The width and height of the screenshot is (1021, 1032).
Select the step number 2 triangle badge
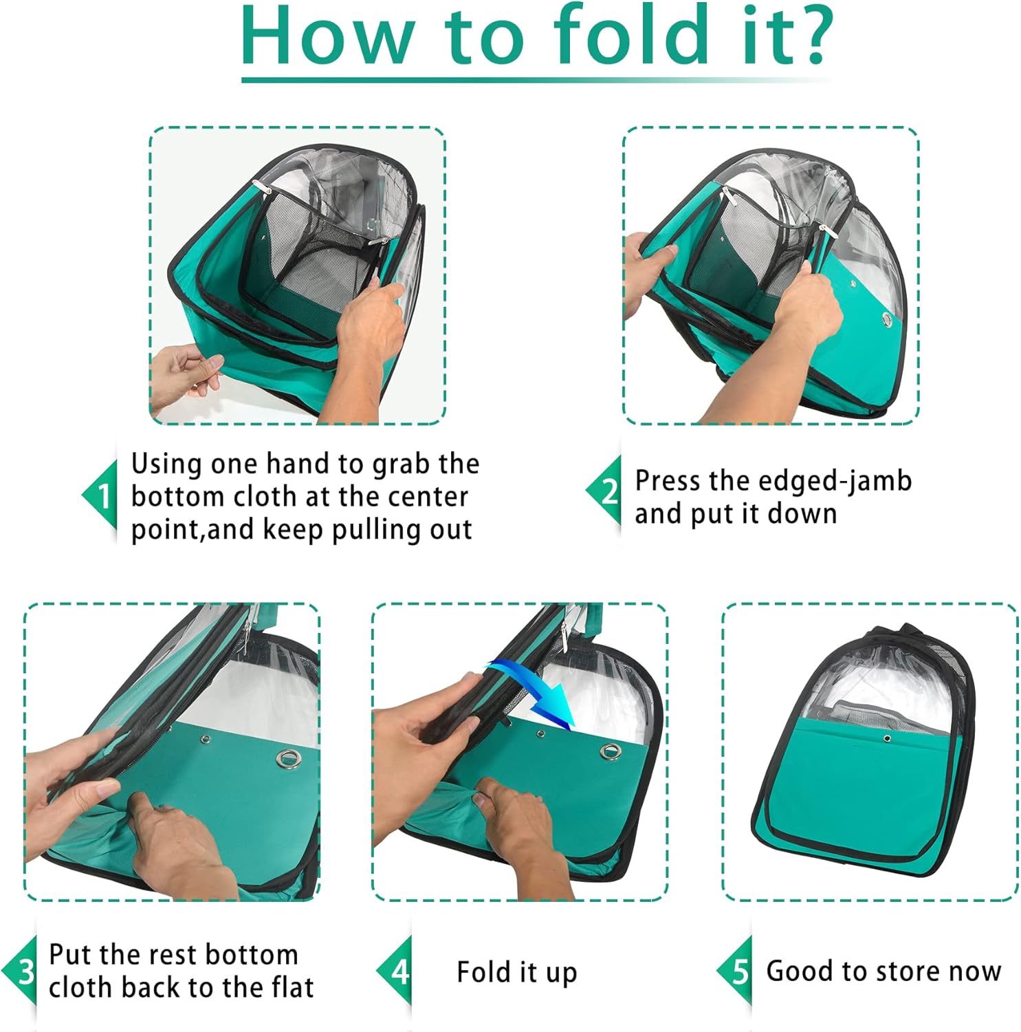tap(604, 491)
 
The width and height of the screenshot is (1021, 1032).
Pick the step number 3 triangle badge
tap(19, 971)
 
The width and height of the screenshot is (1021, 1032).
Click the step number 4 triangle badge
tap(395, 971)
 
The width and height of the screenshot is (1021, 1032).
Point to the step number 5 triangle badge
tap(734, 971)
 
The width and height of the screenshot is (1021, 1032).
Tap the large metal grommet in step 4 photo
tap(609, 751)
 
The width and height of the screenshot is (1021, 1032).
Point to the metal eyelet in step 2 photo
tap(888, 318)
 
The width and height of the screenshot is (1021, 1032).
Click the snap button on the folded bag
tap(887, 738)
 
